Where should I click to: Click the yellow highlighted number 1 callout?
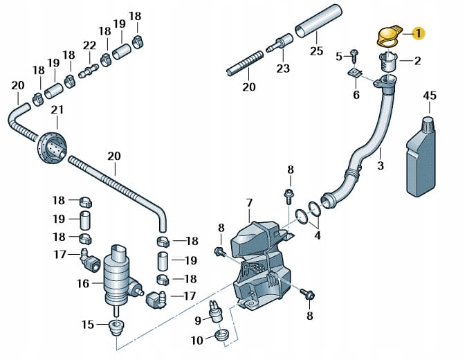[x=419, y=33]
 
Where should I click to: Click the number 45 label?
[x=430, y=96]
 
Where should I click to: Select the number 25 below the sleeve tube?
[x=317, y=51]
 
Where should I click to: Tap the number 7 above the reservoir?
[x=250, y=202]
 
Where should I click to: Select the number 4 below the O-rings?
[x=318, y=235]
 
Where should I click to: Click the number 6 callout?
[x=356, y=95]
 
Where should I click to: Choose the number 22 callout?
[x=89, y=45]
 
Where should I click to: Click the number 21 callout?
[x=57, y=110]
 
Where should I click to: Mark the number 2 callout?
[x=417, y=61]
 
